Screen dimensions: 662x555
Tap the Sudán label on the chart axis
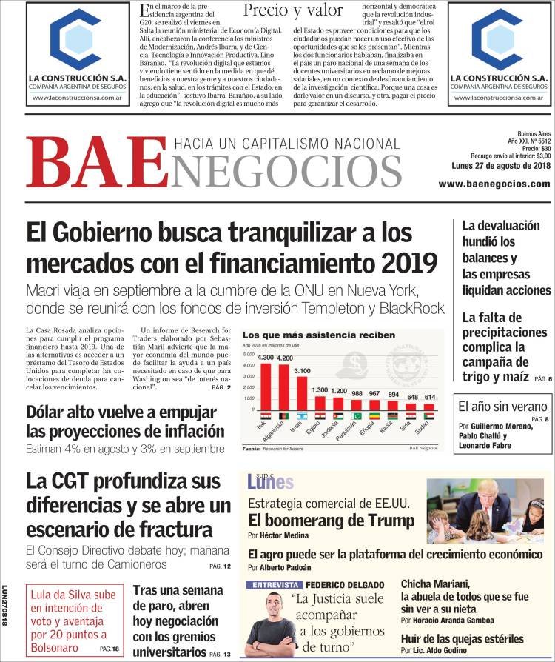428,429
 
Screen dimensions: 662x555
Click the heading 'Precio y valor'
293,10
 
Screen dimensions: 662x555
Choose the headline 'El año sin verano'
502,406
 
